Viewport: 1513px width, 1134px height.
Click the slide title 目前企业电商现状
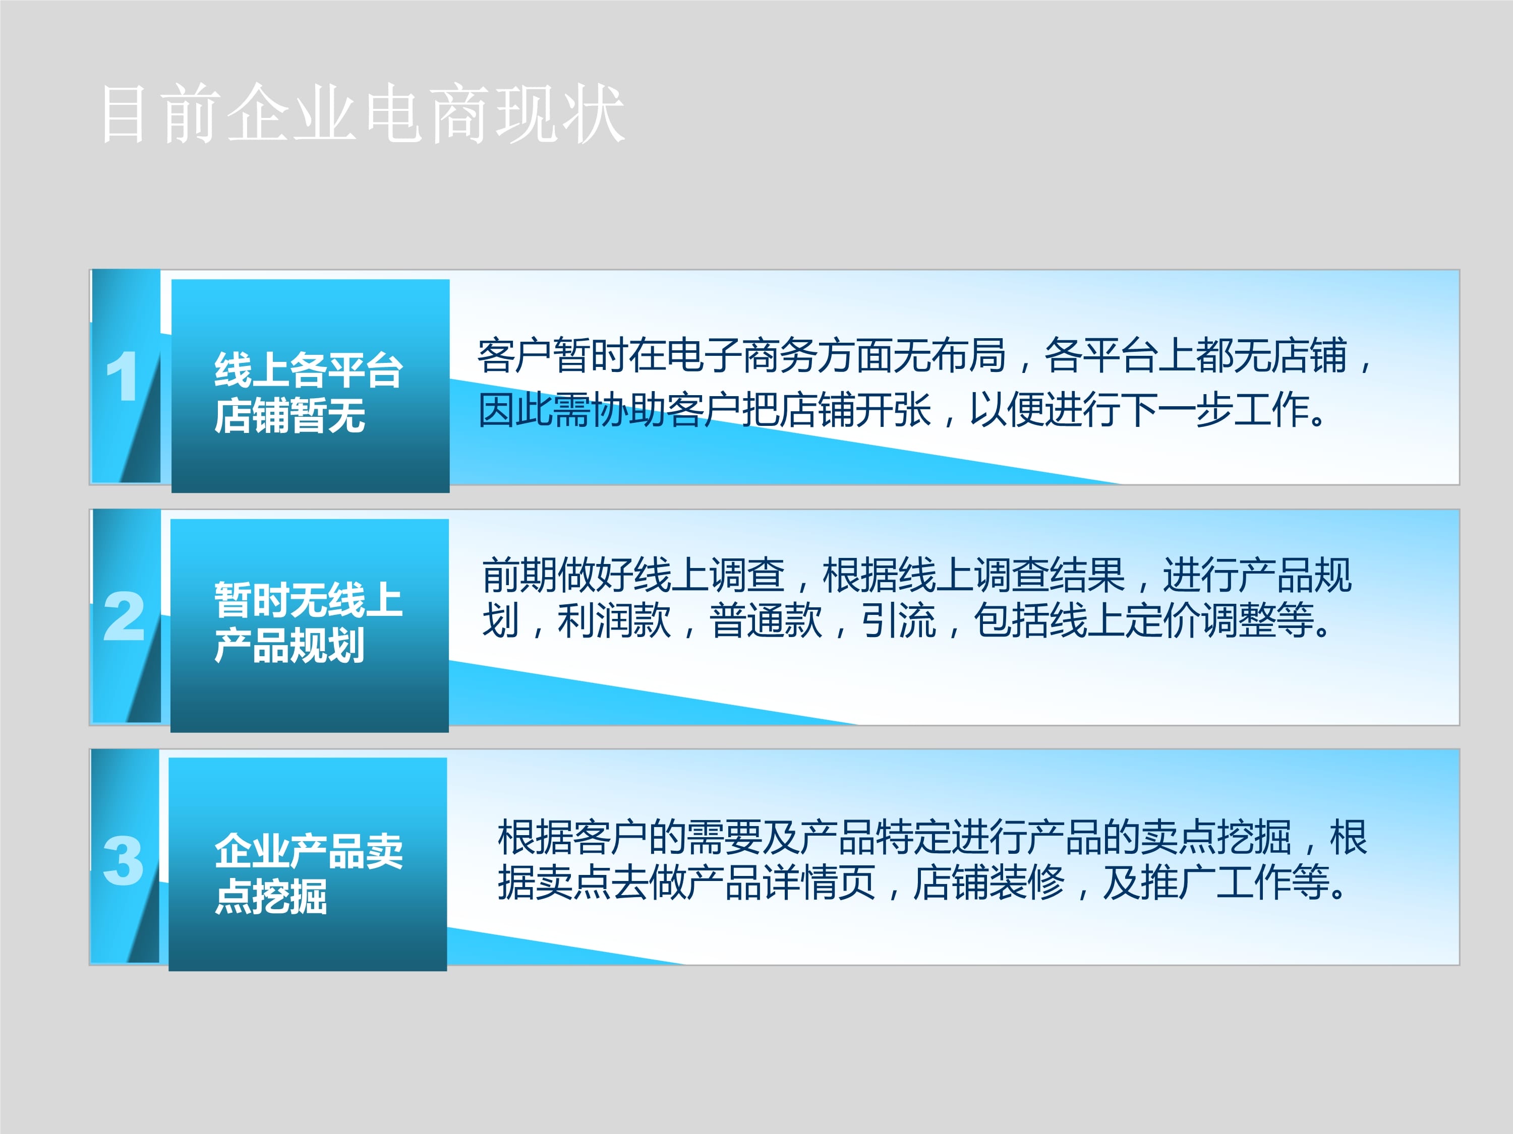[363, 113]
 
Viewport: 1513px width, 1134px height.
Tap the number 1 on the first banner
[123, 376]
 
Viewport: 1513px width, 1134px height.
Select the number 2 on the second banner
[124, 616]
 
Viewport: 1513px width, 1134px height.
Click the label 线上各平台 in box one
[309, 370]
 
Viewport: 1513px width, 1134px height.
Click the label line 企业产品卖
[309, 851]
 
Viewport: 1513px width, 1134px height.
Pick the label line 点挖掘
[271, 896]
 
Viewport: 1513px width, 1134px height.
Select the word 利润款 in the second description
[614, 620]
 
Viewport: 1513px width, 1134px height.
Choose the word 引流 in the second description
[898, 620]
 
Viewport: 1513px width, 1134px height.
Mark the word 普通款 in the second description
[766, 620]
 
